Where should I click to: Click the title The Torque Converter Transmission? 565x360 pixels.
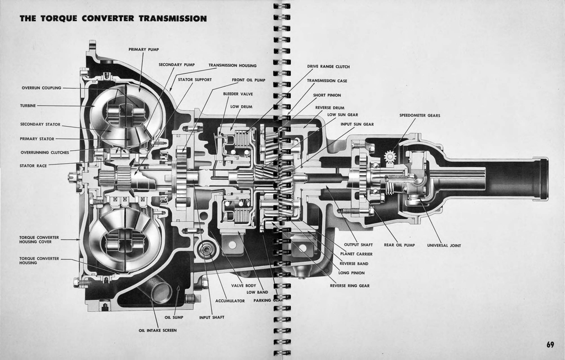[113, 19]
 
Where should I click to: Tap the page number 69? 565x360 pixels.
[550, 345]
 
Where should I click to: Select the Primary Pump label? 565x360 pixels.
[143, 49]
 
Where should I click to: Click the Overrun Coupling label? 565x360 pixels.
[41, 87]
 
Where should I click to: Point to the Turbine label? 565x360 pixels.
[28, 105]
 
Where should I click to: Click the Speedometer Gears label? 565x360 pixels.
[419, 115]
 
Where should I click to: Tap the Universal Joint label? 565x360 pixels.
[444, 245]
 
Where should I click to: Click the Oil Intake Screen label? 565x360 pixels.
[157, 330]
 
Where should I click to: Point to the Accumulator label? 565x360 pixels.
[230, 301]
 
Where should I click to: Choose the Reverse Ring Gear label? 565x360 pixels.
[350, 285]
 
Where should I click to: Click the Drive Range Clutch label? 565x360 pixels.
[328, 67]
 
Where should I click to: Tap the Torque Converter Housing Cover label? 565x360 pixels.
[39, 240]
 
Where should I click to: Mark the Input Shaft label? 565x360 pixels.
[211, 317]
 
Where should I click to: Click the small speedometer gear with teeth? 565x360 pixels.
[390, 157]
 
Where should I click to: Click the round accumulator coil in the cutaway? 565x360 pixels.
[207, 250]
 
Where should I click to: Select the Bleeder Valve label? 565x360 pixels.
[238, 94]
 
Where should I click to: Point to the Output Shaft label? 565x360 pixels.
[358, 245]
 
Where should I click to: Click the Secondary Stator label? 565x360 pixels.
[40, 124]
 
